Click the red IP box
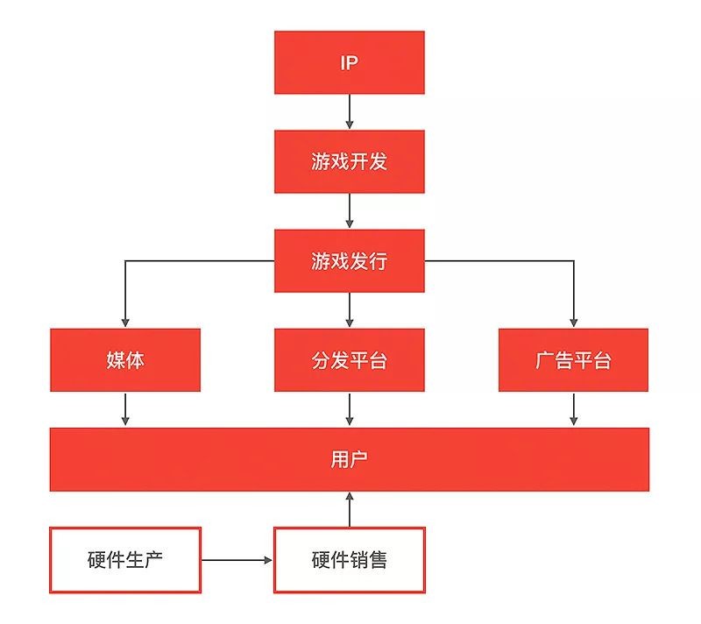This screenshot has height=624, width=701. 349,62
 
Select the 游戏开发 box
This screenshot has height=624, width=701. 349,162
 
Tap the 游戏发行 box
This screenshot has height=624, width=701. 349,261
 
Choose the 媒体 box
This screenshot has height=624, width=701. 125,360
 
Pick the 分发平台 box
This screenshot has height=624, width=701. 349,360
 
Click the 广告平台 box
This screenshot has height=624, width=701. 574,360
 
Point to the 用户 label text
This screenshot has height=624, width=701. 349,459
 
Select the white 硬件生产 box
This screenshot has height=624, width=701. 125,560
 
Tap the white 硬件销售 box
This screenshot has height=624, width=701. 349,560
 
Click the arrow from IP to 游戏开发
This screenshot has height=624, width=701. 349,112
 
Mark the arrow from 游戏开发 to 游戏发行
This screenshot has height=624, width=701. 349,211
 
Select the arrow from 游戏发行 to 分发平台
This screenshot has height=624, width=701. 349,310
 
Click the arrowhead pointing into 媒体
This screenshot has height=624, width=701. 125,323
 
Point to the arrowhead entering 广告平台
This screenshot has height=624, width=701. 574,323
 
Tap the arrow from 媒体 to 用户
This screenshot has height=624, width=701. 125,409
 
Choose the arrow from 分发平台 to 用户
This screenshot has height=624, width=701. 349,409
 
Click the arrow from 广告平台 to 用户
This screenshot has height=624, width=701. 574,409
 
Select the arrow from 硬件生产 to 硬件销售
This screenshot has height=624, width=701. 237,560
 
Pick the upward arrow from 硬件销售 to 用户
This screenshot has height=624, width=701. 350,509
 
